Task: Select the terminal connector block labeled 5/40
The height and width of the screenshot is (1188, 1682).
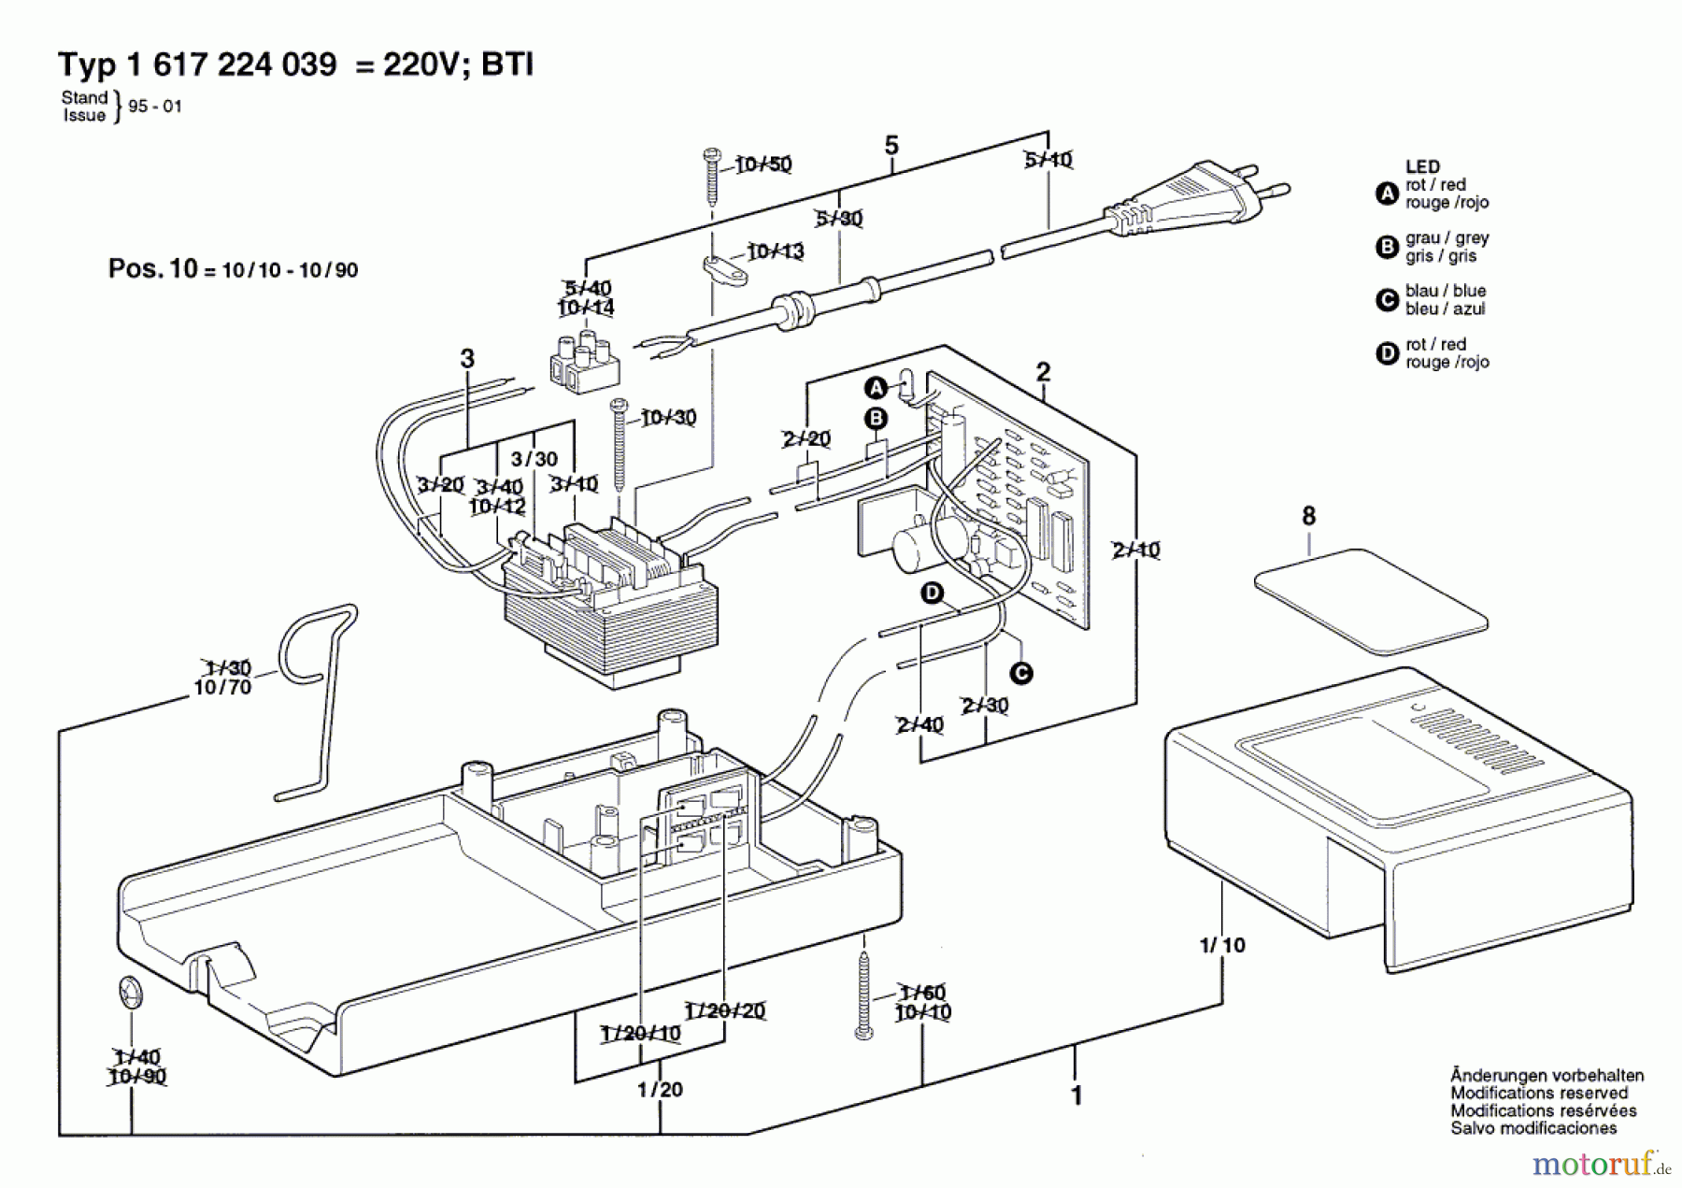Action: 585,361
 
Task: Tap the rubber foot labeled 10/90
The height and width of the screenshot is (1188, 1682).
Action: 129,991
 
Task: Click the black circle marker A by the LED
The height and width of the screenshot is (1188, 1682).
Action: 876,388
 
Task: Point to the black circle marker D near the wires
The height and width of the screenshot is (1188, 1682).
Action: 932,593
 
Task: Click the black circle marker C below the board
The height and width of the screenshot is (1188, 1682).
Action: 1021,673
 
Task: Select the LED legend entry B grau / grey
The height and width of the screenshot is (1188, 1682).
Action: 1434,247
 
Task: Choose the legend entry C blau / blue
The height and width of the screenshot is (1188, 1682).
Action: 1434,300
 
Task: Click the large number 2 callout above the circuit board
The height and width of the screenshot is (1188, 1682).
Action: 1043,372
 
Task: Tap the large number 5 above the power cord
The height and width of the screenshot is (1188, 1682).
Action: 891,146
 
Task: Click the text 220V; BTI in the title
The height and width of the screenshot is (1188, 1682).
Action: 458,64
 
